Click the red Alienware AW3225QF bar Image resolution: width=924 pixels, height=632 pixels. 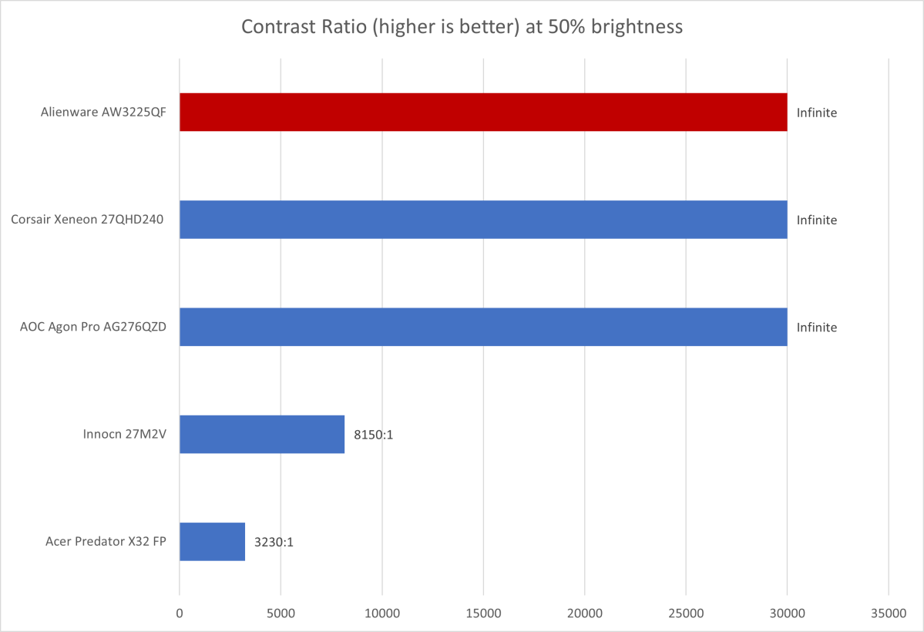pyautogui.click(x=483, y=113)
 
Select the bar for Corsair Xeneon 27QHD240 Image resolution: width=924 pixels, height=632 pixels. pyautogui.click(x=483, y=220)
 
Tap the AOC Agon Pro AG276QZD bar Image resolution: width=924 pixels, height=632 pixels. pyautogui.click(x=483, y=327)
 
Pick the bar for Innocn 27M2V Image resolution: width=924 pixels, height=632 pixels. pyautogui.click(x=262, y=434)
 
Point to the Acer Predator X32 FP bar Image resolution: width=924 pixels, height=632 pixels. pyautogui.click(x=212, y=541)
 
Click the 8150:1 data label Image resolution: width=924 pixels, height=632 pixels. pyautogui.click(x=374, y=435)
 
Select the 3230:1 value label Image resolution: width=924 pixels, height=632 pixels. pyautogui.click(x=274, y=542)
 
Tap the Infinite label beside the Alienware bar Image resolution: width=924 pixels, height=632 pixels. pyautogui.click(x=817, y=113)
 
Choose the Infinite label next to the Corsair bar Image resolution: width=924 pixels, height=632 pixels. pyautogui.click(x=817, y=220)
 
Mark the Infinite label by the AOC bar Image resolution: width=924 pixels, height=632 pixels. pyautogui.click(x=817, y=327)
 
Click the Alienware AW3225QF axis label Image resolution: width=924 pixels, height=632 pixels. pyautogui.click(x=104, y=113)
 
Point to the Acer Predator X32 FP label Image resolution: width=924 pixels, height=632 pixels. pyautogui.click(x=106, y=541)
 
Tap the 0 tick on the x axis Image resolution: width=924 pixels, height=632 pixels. pyautogui.click(x=180, y=614)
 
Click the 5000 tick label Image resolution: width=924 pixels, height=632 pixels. pyautogui.click(x=281, y=614)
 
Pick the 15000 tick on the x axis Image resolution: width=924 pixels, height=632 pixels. pyautogui.click(x=483, y=614)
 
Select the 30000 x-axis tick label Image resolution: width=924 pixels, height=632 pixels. pyautogui.click(x=787, y=614)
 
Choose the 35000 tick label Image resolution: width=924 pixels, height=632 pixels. pyautogui.click(x=889, y=614)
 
